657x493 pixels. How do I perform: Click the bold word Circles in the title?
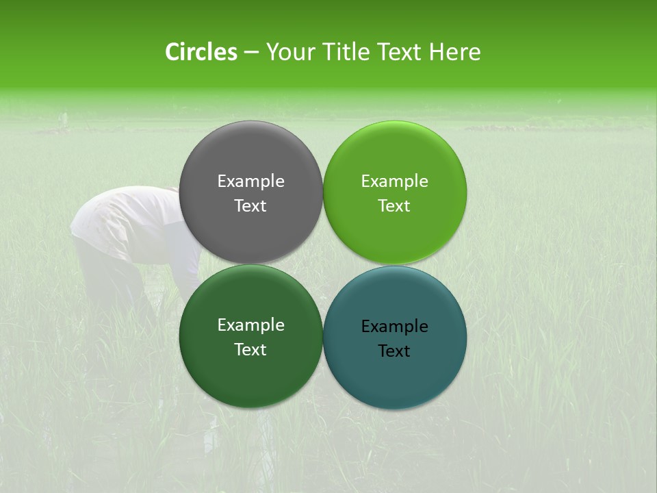click(201, 52)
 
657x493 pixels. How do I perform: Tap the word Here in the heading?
click(454, 52)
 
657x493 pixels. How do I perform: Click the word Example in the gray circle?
click(250, 181)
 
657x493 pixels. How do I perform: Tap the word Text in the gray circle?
click(250, 205)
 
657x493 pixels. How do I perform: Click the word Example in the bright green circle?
click(394, 181)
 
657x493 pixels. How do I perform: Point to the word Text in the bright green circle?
click(394, 205)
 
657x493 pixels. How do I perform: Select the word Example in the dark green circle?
click(250, 325)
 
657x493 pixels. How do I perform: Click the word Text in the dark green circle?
click(250, 349)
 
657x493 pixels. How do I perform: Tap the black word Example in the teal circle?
click(394, 326)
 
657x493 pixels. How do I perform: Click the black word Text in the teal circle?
click(394, 351)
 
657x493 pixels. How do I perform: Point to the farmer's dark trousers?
click(109, 281)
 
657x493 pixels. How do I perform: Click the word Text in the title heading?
click(400, 52)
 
